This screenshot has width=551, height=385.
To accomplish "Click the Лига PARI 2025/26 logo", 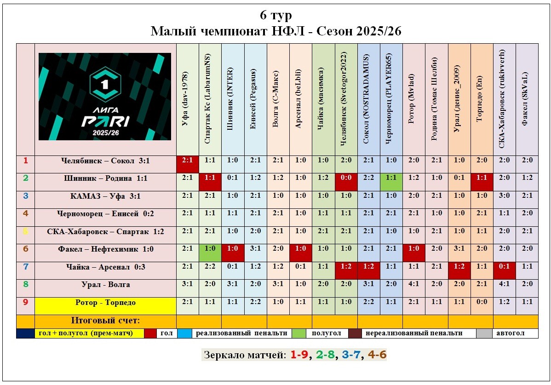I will [x=105, y=97].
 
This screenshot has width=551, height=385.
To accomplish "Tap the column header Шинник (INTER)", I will [x=232, y=99].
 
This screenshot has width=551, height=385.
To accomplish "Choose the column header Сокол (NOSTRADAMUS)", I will [x=368, y=99].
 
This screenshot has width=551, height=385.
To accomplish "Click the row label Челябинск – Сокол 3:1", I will [x=105, y=161].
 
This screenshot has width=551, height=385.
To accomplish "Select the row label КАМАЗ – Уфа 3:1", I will [x=105, y=196].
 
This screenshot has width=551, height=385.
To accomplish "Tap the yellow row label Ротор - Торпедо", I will [x=105, y=302].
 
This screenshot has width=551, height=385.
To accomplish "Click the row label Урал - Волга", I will [x=105, y=285].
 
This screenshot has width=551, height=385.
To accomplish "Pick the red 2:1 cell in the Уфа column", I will [x=187, y=161].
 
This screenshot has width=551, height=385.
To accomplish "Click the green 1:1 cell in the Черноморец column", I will [x=391, y=178].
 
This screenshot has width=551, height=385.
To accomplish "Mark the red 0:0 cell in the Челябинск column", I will [x=346, y=178].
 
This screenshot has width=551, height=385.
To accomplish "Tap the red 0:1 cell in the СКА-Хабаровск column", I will [x=504, y=267].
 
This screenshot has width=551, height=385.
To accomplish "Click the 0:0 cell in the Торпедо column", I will [x=482, y=302].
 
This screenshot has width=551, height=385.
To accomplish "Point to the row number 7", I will [x=26, y=267].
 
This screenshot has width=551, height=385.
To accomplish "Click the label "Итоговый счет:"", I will [x=105, y=320].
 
